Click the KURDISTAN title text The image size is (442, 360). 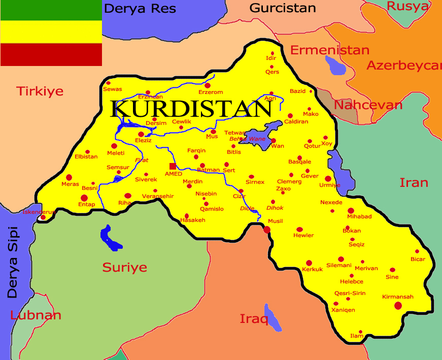coord(192,109)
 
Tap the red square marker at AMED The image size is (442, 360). coord(173,166)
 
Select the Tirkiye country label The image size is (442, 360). coord(40,91)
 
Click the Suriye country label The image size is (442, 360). coord(124,267)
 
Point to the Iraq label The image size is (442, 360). coord(253,319)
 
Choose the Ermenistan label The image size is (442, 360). coord(329,50)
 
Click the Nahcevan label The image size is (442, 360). coord(368,105)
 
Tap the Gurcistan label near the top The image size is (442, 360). coord(283,8)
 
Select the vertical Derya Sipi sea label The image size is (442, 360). coord(12,262)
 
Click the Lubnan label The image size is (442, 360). coord(36,315)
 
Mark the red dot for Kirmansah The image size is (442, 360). coord(398,305)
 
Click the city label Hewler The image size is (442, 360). coord(303,236)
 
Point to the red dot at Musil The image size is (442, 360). coord(267,230)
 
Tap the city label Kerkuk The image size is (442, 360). coord(312,269)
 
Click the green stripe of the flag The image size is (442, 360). coord(51,10)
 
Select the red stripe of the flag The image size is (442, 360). coord(51,55)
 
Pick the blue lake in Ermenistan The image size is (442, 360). coord(335,64)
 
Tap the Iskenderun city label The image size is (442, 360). coord(38,212)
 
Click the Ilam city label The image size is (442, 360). coord(357,337)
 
